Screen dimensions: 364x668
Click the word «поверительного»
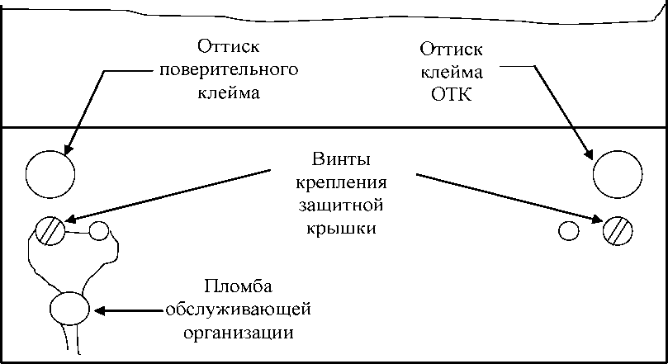pyautogui.click(x=228, y=68)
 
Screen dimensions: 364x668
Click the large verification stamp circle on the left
pyautogui.click(x=50, y=174)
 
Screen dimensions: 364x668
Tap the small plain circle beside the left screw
pyautogui.click(x=99, y=230)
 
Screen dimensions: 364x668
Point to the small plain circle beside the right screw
pyautogui.click(x=568, y=230)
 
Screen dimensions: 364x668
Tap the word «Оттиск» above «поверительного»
pyautogui.click(x=228, y=44)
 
